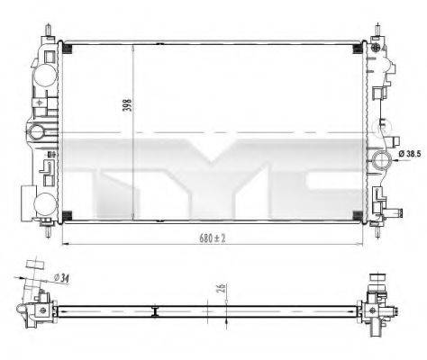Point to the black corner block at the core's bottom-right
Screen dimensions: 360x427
(357, 212)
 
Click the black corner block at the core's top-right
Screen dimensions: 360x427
(357, 45)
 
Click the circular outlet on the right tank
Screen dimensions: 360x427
(381, 160)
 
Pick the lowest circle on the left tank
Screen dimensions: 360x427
(40, 200)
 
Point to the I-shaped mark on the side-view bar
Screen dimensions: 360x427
(155, 312)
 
